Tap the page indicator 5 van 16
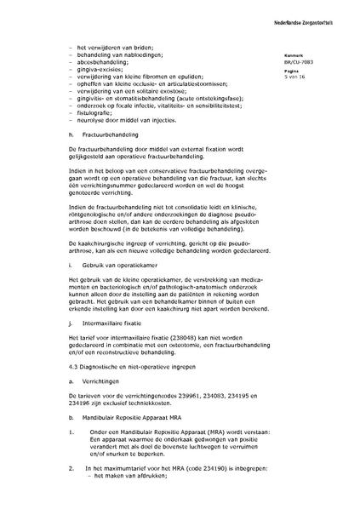(295, 77)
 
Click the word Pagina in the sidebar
(293, 71)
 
